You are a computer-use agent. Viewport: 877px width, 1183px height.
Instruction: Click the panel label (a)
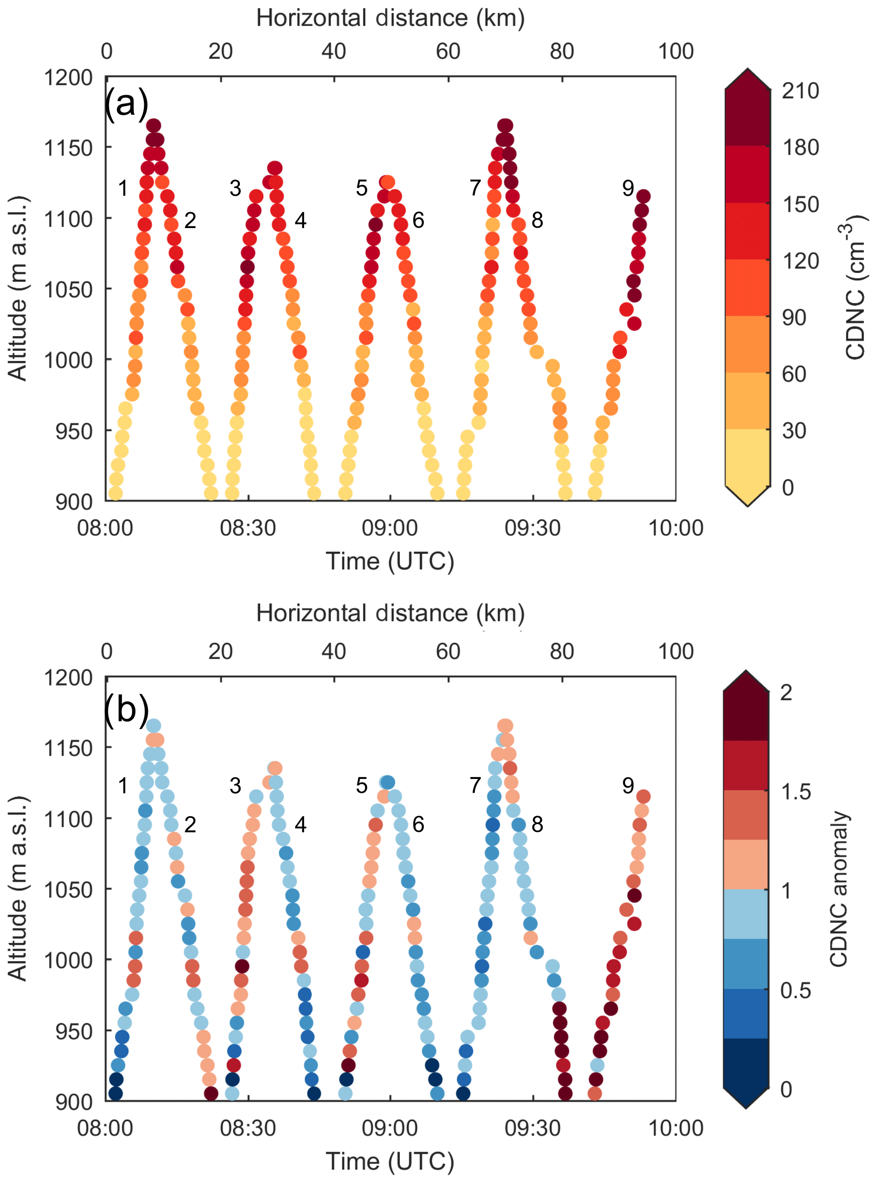pos(126,103)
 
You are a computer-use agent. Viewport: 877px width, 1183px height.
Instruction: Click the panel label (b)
pos(126,709)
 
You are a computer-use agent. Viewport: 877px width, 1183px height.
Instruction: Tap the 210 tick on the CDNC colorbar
pos(800,91)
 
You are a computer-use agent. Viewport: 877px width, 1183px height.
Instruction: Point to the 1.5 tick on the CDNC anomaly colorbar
pos(796,792)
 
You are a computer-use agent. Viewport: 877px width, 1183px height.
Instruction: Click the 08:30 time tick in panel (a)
pos(248,528)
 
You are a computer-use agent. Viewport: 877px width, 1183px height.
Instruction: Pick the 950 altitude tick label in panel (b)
pos(74,1032)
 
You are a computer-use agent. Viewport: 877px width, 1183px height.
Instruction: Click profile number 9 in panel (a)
pos(628,188)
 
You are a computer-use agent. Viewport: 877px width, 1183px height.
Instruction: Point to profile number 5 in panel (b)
pos(362,786)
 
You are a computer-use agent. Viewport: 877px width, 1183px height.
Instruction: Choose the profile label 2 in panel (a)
pos(190,220)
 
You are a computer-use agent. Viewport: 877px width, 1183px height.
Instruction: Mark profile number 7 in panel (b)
pos(475,786)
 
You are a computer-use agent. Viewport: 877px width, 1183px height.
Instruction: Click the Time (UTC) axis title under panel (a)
pos(390,561)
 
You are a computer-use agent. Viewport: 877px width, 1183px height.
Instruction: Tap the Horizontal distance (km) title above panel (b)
pos(390,613)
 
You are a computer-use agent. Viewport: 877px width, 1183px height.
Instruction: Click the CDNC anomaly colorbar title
pos(839,888)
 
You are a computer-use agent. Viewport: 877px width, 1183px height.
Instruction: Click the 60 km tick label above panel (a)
pos(448,52)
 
